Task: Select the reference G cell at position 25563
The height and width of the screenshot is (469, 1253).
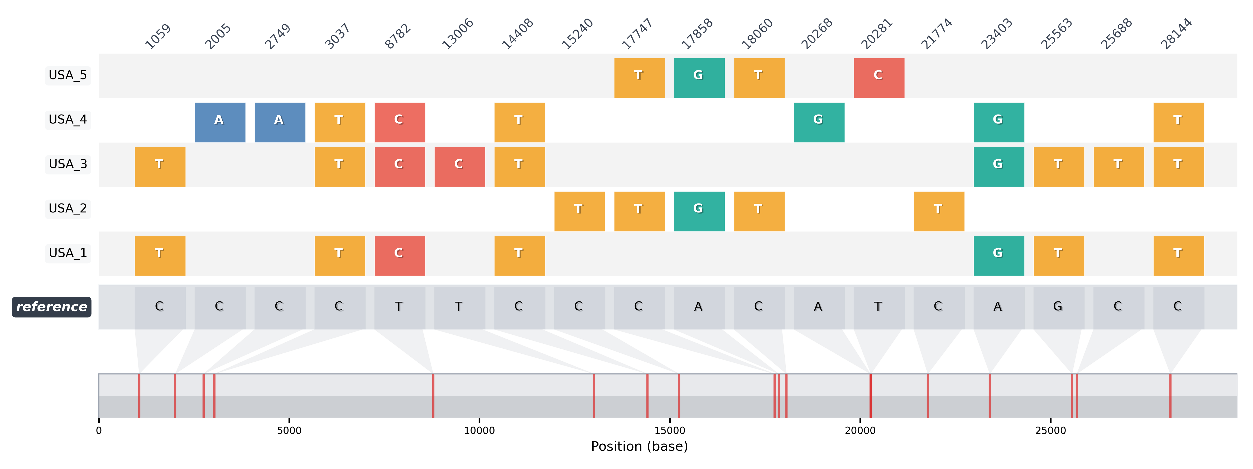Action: pyautogui.click(x=1058, y=307)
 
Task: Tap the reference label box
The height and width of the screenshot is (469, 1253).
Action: pyautogui.click(x=51, y=307)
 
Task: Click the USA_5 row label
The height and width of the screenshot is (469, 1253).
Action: pyautogui.click(x=68, y=75)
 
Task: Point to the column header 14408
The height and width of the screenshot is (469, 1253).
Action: pyautogui.click(x=517, y=34)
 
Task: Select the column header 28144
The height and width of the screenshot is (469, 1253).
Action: pyautogui.click(x=1176, y=34)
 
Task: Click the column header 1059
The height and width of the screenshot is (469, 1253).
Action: pyautogui.click(x=158, y=36)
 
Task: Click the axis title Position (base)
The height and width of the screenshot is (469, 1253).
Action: pyautogui.click(x=639, y=447)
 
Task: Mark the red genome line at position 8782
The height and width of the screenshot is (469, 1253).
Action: pyautogui.click(x=433, y=395)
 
